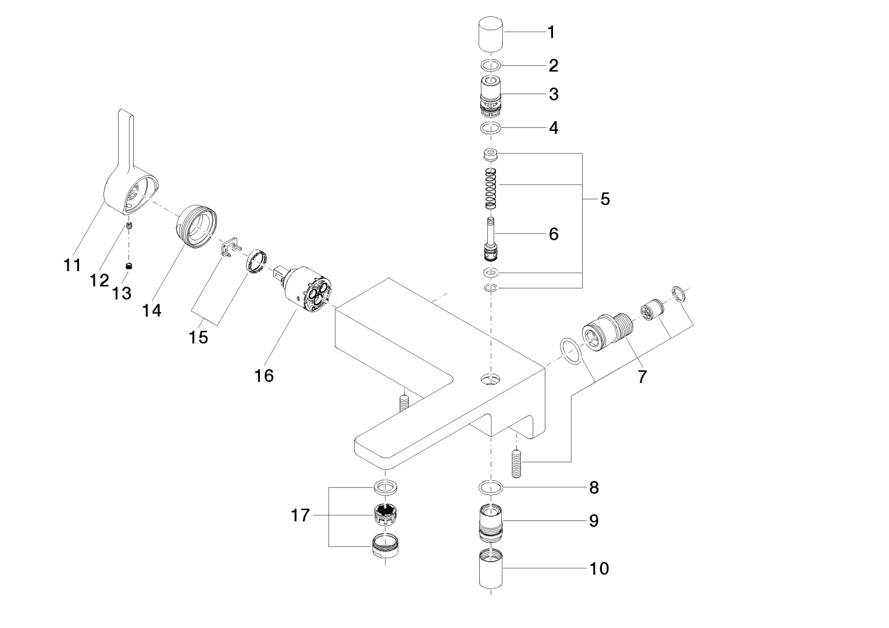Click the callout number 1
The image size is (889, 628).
coord(551,32)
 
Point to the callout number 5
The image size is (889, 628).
coord(605,199)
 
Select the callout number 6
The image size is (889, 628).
coord(553,234)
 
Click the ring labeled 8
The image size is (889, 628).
coord(491,486)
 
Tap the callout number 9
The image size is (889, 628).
coord(594,520)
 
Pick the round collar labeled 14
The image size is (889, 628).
coord(197,227)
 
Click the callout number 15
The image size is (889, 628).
coord(198,337)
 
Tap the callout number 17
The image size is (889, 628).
coord(300,515)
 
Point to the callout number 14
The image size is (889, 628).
coord(151,311)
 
